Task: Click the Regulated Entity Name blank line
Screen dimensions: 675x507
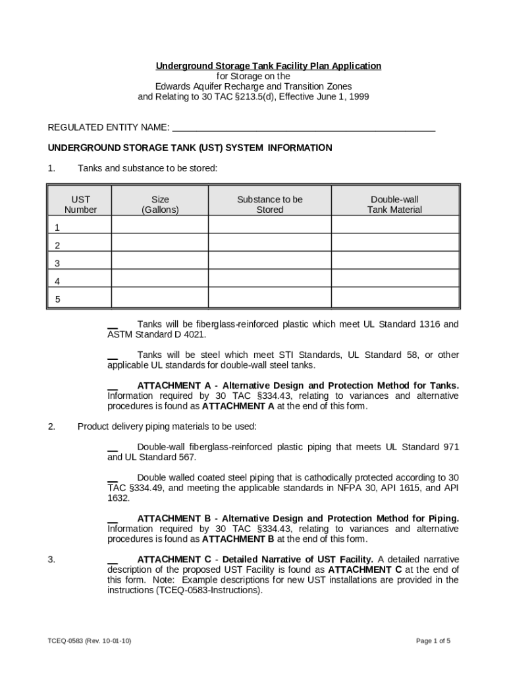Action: pos(303,128)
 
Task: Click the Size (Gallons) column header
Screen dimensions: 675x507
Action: pos(160,204)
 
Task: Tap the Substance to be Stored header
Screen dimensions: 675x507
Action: pos(269,204)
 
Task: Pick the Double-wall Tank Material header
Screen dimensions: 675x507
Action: pos(394,204)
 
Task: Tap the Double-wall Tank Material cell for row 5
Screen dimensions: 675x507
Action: pos(394,298)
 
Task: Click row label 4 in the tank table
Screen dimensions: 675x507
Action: pos(57,281)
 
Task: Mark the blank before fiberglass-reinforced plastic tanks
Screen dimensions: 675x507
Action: pos(113,325)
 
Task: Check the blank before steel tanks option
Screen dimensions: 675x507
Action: pos(113,355)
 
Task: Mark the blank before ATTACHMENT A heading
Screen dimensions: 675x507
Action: pos(113,386)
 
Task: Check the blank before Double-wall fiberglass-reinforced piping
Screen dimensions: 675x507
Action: pos(113,448)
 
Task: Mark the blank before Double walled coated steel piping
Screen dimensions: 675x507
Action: pos(113,478)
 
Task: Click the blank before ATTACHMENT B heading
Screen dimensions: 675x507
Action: pos(113,519)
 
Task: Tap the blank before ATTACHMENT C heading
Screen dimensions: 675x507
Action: pos(113,560)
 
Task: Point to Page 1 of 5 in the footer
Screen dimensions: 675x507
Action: pos(433,641)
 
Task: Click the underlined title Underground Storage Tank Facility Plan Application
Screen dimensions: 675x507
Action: pos(268,66)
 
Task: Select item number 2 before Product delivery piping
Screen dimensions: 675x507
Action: pos(51,426)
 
